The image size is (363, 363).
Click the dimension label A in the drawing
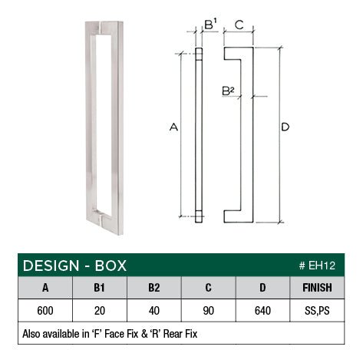pos(173,128)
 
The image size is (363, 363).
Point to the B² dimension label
pos(227,91)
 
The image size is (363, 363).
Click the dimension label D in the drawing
pos(285,127)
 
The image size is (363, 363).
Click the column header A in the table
pos(45,289)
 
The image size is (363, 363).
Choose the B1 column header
pos(100,289)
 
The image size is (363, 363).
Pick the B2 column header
pos(154,289)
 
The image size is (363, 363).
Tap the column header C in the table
pos(209,289)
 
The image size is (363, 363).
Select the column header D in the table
pos(263,289)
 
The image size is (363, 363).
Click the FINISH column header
pos(318,289)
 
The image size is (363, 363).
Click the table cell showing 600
pos(45,312)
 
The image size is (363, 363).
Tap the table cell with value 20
pos(100,312)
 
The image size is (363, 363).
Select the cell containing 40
pos(154,312)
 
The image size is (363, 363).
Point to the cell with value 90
pos(209,312)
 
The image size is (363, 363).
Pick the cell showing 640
pos(263,312)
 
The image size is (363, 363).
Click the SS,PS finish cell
pos(318,312)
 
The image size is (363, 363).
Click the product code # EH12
pos(319,266)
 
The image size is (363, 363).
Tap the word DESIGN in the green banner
pos(51,266)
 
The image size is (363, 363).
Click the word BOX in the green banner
pos(109,266)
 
